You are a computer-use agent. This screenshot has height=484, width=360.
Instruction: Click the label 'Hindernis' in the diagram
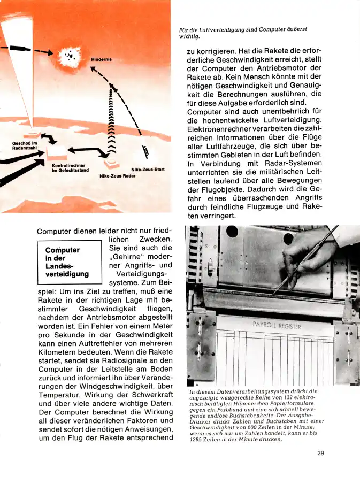tap(101, 59)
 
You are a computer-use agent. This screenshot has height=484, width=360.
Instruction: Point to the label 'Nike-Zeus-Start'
tap(148, 170)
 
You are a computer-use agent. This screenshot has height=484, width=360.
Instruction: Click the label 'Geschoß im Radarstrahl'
tap(25, 145)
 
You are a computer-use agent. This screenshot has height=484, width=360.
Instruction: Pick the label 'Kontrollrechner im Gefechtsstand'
tap(70, 168)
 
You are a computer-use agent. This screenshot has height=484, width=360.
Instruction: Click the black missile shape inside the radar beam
tap(20, 49)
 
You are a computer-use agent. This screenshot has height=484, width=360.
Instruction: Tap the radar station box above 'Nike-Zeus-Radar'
tap(111, 161)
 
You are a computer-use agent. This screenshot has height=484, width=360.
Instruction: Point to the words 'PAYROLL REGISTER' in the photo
tap(276, 326)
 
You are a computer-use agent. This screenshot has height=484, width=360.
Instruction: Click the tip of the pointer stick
tap(274, 293)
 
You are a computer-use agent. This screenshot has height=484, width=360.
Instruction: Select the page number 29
tap(320, 453)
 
